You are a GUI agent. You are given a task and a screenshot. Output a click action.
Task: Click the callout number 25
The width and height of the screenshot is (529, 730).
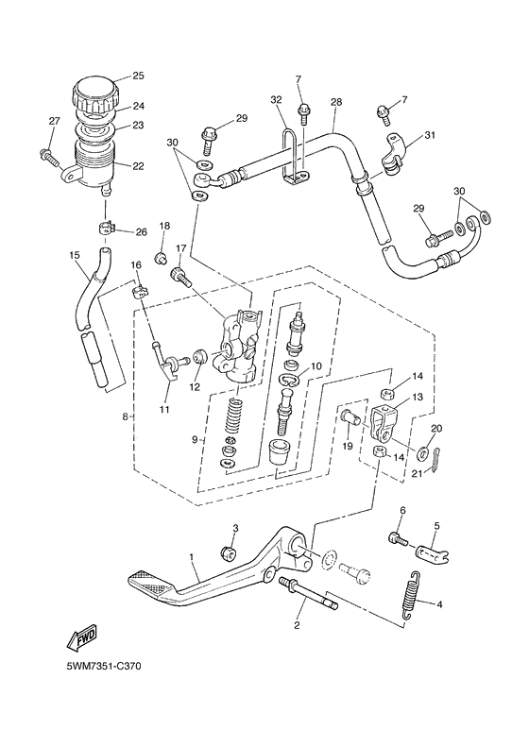[x=137, y=76]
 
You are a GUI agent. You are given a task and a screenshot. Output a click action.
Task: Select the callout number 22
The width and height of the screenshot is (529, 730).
[x=137, y=166]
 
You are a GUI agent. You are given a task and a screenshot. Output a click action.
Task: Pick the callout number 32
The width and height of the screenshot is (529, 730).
[x=276, y=99]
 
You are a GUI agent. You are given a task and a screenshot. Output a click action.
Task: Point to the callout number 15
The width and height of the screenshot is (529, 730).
[x=74, y=255]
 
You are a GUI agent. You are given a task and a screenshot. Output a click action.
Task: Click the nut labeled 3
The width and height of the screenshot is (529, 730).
[x=228, y=552]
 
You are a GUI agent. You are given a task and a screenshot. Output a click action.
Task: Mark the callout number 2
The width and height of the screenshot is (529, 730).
[x=297, y=624]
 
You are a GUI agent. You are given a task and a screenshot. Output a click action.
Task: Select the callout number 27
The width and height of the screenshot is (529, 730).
[x=54, y=120]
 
